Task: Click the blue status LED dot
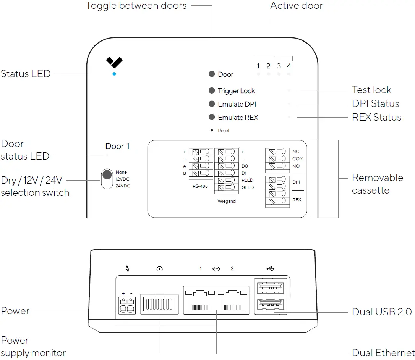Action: (x=114, y=74)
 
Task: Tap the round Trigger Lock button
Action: (x=212, y=90)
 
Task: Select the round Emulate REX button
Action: (x=212, y=117)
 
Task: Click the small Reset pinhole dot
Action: (x=212, y=130)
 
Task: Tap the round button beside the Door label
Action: (x=212, y=74)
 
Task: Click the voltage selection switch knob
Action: (x=107, y=174)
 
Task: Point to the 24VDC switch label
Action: (x=123, y=186)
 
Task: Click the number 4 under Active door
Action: (x=289, y=66)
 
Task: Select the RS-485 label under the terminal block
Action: (x=200, y=186)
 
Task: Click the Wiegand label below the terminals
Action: (x=227, y=201)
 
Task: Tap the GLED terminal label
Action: (x=248, y=187)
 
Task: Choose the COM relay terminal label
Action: (x=298, y=159)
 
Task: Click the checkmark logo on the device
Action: (x=114, y=62)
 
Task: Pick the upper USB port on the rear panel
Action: (x=270, y=288)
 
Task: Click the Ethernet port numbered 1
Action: (x=200, y=300)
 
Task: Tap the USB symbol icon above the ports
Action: (x=270, y=269)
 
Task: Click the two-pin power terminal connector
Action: (x=127, y=305)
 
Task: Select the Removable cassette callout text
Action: (x=378, y=184)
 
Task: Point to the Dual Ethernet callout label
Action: (x=383, y=353)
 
